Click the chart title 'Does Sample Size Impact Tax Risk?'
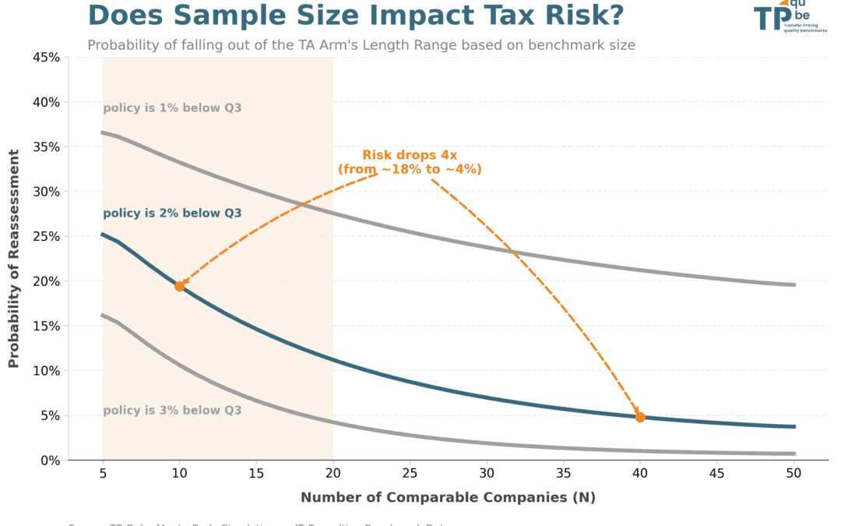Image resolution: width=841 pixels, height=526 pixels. click(x=355, y=16)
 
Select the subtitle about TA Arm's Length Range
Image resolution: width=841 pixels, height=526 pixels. click(x=361, y=45)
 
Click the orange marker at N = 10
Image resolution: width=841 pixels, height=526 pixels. click(x=180, y=286)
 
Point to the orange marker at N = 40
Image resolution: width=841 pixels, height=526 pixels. click(x=640, y=417)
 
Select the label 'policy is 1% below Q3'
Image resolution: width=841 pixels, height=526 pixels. click(x=172, y=108)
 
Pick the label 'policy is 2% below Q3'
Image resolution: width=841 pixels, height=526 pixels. click(x=172, y=214)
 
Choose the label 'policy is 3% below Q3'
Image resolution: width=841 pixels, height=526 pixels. click(x=172, y=411)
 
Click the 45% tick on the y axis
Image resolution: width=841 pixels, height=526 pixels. click(x=46, y=58)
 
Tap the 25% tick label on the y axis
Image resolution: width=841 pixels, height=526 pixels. click(x=46, y=236)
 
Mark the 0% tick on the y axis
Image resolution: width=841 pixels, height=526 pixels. click(x=49, y=461)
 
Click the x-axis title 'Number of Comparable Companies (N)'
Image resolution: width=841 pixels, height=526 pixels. click(x=448, y=497)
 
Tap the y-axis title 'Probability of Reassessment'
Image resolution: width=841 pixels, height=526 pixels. click(x=13, y=259)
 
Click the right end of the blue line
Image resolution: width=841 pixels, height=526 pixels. click(x=794, y=426)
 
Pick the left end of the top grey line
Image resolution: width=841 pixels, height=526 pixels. click(x=103, y=132)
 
